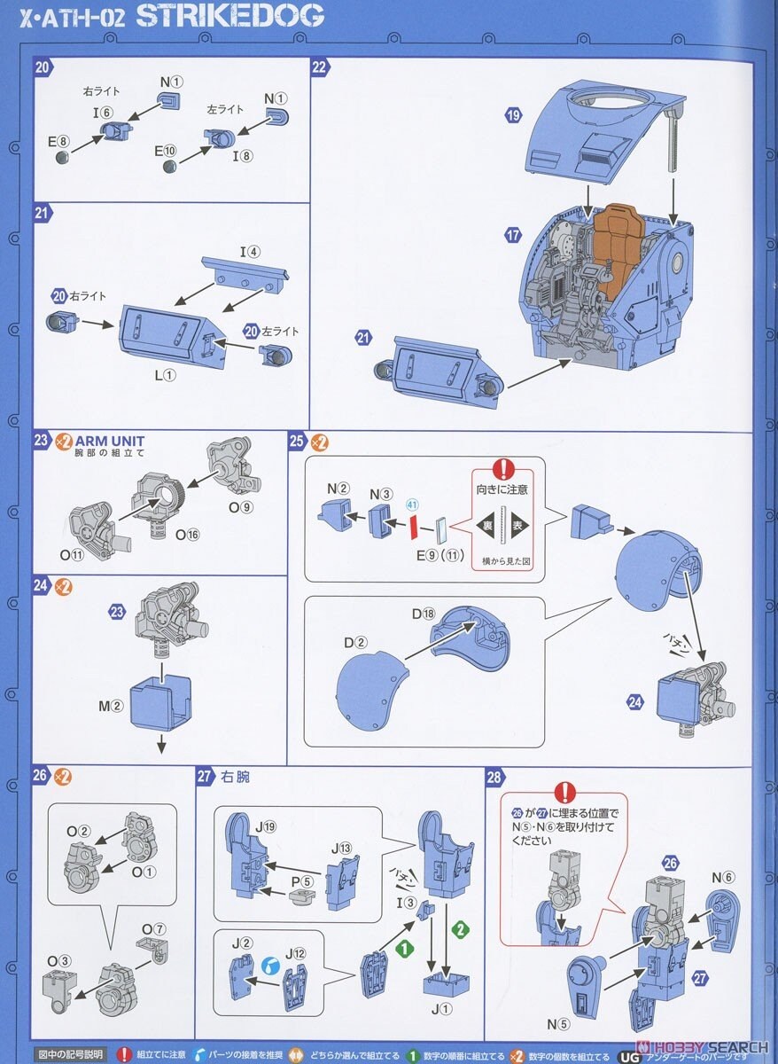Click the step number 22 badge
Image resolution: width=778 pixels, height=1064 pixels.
320,67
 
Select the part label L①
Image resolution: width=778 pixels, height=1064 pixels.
166,375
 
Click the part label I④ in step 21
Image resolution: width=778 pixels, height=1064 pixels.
250,251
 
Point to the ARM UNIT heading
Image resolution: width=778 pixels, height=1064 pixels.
110,441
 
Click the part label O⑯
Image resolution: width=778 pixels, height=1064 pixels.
187,534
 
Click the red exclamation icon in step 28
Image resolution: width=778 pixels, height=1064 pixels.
564,793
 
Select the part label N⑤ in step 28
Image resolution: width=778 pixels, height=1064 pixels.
558,1024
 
